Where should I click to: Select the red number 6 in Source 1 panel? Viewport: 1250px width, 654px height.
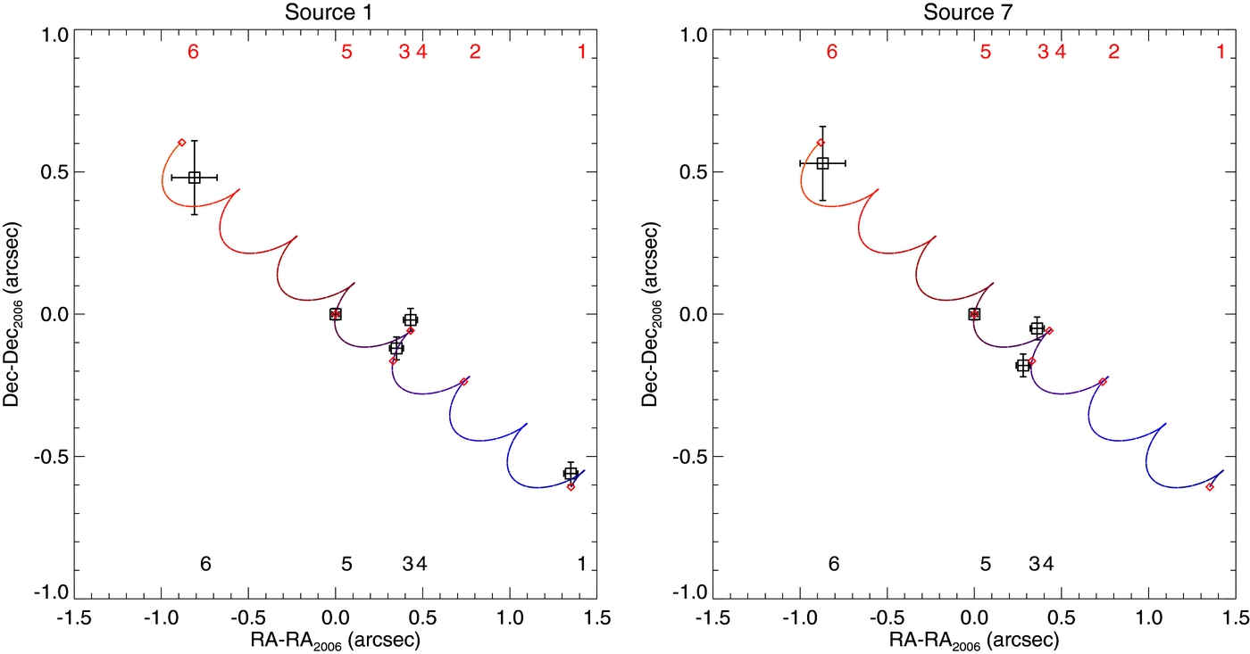tap(193, 52)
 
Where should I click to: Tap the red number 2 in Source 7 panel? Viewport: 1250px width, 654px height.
tap(1113, 52)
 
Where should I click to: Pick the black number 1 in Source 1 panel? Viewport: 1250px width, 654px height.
tap(581, 564)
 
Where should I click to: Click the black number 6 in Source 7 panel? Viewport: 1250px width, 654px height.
tap(833, 564)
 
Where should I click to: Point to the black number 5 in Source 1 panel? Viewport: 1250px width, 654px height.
tap(346, 564)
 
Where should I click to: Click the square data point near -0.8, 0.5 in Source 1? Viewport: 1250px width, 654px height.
tap(194, 178)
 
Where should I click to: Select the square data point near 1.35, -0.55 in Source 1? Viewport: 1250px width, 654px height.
tap(571, 473)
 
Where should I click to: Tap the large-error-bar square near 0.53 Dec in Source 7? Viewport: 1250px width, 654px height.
tap(823, 163)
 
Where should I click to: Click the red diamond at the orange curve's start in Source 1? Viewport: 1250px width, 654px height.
tap(181, 142)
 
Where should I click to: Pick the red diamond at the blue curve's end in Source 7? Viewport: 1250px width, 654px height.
tap(1210, 487)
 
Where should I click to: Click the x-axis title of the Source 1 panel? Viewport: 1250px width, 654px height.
tap(335, 640)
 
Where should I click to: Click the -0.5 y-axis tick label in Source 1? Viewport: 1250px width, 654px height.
tap(49, 456)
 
